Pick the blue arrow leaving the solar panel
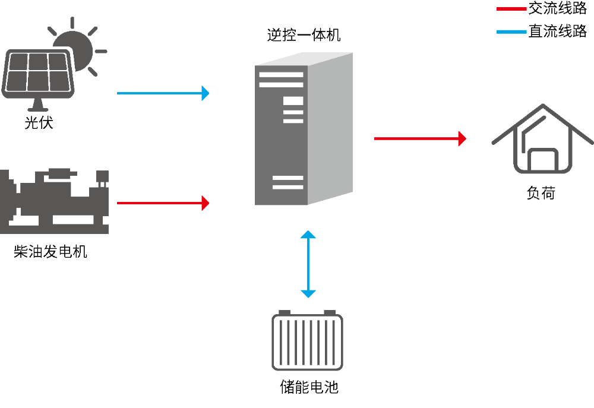click(160, 93)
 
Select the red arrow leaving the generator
click(160, 203)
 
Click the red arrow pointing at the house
click(416, 138)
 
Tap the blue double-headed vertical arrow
click(308, 264)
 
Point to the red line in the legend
click(511, 9)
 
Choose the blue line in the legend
click(511, 31)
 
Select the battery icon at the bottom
click(307, 342)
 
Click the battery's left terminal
click(285, 312)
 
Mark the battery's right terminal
click(330, 312)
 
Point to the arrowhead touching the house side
click(462, 138)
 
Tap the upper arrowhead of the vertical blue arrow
click(308, 235)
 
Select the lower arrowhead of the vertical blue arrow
click(308, 293)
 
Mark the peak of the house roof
click(542, 106)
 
